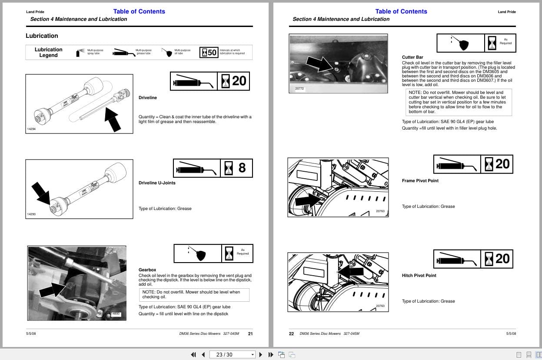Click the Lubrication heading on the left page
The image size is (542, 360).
click(x=42, y=36)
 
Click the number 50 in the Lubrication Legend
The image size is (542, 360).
click(x=212, y=53)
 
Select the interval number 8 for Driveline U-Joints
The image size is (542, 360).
click(x=242, y=168)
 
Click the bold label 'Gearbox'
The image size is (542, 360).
click(x=147, y=270)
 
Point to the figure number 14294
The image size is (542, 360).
click(x=31, y=129)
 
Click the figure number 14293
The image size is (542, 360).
click(x=31, y=214)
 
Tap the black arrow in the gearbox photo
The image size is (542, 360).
click(x=52, y=289)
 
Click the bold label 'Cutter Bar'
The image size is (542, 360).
click(x=412, y=57)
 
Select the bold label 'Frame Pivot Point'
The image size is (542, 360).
click(x=420, y=181)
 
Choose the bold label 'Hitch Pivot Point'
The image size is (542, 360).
click(x=419, y=276)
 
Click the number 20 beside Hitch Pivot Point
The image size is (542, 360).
click(x=502, y=259)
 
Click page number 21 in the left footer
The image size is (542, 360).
click(x=250, y=334)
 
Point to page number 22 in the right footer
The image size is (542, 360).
click(x=291, y=334)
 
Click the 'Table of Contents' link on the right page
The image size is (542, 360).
click(x=401, y=12)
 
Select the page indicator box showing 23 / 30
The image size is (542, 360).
click(x=232, y=354)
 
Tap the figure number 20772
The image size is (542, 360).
click(x=300, y=89)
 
